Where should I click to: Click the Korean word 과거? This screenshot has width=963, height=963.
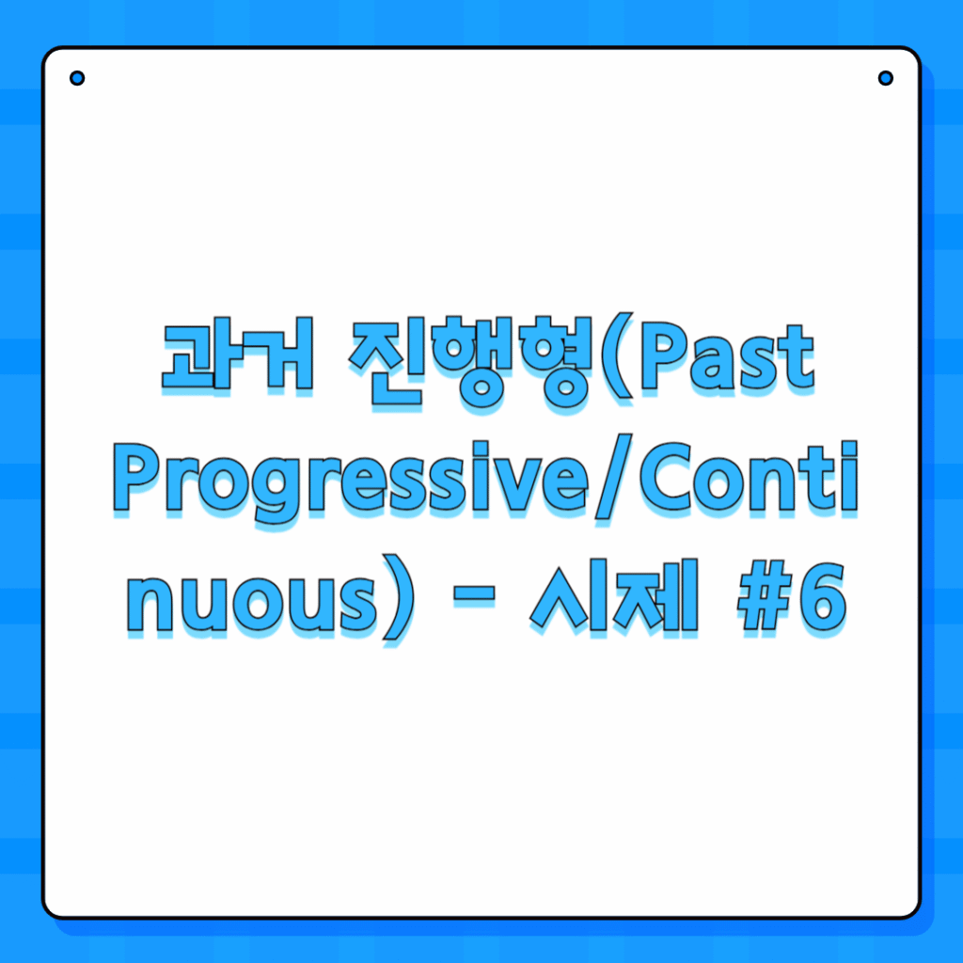[238, 355]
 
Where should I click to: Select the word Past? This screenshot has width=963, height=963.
[727, 357]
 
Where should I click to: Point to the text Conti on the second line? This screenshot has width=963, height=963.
[749, 476]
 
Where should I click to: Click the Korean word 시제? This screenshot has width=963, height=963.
[614, 594]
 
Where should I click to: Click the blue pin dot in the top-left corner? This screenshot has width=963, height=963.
[77, 78]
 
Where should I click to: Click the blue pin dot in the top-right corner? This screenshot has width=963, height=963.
[886, 78]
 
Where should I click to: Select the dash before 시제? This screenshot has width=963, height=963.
[474, 594]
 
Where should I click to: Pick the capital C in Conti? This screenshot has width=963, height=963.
[669, 476]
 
